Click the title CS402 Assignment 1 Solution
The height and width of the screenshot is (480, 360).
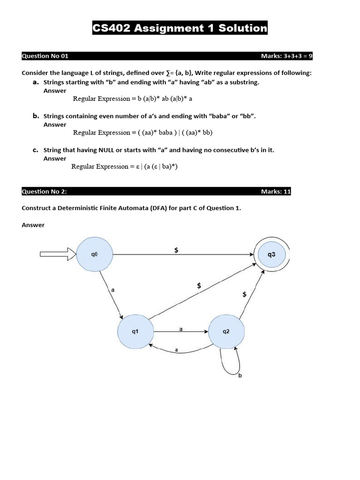180,28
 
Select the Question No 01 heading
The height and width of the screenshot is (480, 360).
45,56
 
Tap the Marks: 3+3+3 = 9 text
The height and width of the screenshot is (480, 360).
286,56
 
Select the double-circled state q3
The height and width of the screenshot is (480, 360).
272,255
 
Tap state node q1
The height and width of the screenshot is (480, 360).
135,331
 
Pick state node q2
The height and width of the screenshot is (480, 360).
226,331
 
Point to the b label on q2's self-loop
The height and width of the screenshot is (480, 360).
240,375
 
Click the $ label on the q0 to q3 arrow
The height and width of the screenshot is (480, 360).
176,250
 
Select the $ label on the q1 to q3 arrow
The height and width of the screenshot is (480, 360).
199,285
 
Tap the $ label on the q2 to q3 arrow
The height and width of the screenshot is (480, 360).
244,294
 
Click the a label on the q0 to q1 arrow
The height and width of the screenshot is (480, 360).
113,290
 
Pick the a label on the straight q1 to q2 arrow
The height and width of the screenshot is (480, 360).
181,329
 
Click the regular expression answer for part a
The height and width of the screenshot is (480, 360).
133,98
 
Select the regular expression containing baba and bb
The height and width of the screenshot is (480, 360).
142,133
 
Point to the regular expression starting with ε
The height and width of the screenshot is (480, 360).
124,166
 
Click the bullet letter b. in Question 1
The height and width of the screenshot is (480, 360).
36,116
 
